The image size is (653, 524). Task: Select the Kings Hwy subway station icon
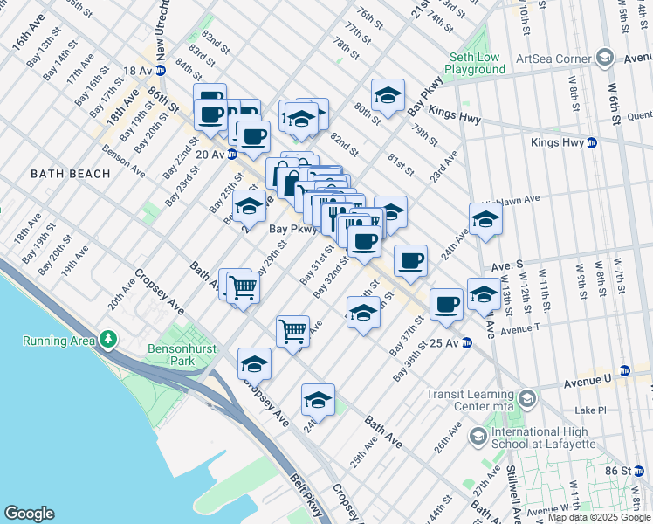click(x=591, y=142)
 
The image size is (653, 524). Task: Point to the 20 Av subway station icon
click(x=232, y=155)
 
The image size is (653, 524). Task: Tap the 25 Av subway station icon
click(x=466, y=341)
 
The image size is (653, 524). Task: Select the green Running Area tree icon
click(x=107, y=338)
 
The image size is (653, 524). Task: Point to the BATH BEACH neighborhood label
click(x=71, y=174)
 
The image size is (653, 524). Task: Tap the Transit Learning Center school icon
click(x=526, y=399)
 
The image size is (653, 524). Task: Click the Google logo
click(x=29, y=514)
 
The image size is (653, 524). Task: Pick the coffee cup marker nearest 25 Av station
click(x=446, y=304)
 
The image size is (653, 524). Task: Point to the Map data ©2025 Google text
click(x=599, y=517)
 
